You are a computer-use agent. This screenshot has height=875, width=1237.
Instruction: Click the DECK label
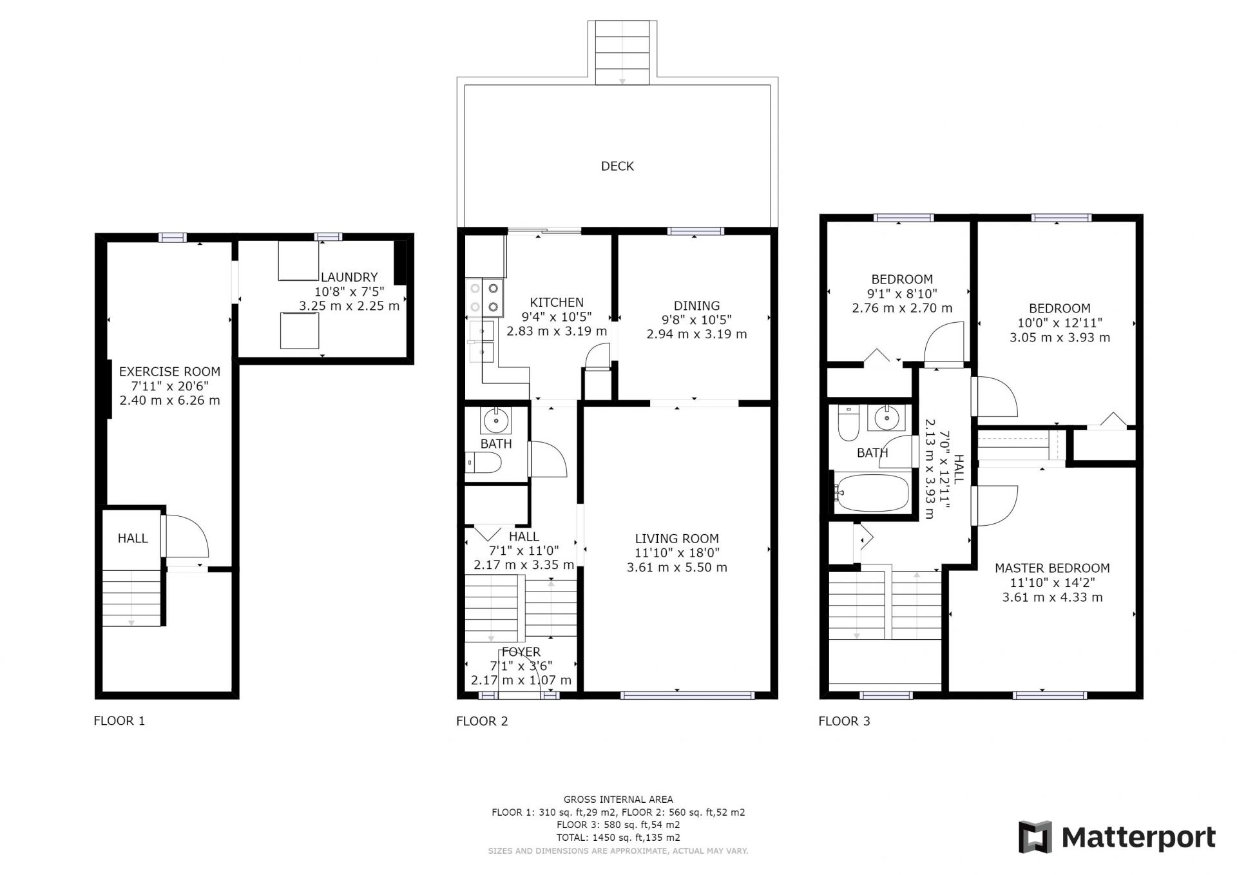click(x=617, y=166)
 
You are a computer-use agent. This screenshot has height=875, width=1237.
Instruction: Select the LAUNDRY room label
click(x=349, y=277)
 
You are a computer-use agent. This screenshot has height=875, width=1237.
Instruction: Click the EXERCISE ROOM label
click(x=169, y=372)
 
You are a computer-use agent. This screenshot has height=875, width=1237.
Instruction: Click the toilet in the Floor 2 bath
click(x=483, y=463)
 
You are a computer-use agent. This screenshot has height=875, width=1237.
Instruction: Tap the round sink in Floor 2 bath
click(x=496, y=421)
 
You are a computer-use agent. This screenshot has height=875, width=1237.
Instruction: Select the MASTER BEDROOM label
click(x=1052, y=568)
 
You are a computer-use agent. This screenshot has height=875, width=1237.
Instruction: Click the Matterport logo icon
click(x=1035, y=837)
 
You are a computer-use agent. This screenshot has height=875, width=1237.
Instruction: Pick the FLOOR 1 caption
click(x=119, y=721)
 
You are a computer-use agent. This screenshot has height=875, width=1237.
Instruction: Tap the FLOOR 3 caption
click(x=844, y=721)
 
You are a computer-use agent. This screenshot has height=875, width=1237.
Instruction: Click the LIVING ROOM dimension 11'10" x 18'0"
click(x=677, y=553)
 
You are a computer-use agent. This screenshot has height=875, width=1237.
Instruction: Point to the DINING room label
click(x=696, y=306)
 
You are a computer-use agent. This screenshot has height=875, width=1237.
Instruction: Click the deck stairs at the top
click(x=622, y=52)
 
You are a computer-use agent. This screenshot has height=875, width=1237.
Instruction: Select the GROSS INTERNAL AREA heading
click(x=618, y=800)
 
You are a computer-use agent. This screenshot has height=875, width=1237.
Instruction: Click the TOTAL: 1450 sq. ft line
click(x=618, y=838)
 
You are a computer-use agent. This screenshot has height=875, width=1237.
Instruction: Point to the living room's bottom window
click(x=687, y=695)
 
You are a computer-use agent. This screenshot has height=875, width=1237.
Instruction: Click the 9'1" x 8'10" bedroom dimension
click(x=902, y=294)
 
